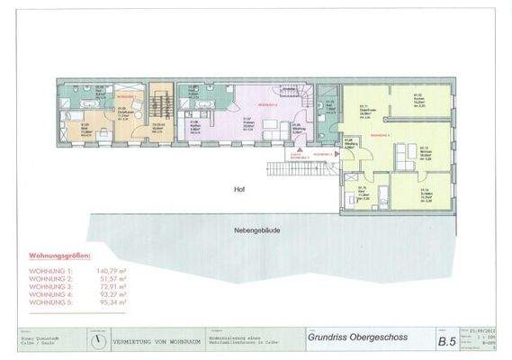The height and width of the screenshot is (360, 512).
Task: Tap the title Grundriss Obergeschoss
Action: [356, 337]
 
